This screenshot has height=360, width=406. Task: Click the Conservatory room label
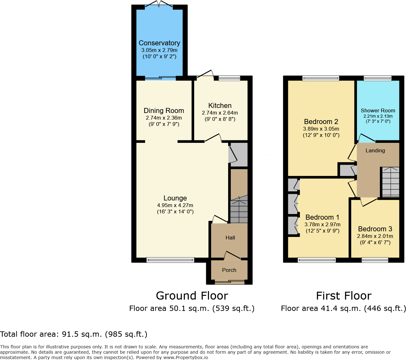[159, 43]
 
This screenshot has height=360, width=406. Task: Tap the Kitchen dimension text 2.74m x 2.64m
[220, 113]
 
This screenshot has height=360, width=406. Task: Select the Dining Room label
[164, 111]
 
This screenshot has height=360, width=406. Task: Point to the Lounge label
[175, 198]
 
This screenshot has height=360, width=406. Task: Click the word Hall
[230, 238]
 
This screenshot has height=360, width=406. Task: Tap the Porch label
[229, 270]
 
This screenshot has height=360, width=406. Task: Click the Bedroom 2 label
[321, 122]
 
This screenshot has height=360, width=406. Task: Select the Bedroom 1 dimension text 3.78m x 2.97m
[322, 225]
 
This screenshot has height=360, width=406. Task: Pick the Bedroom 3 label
[375, 229]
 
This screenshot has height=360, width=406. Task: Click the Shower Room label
[378, 110]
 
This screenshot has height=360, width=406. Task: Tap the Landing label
[375, 151]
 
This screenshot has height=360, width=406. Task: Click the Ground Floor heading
[192, 296]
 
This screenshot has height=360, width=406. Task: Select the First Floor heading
[344, 296]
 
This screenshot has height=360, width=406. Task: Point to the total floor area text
[74, 334]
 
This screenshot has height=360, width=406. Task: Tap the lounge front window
[170, 260]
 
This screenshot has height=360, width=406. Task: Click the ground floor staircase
[239, 209]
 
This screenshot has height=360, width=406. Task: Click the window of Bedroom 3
[375, 260]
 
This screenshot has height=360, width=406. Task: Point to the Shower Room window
[377, 78]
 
